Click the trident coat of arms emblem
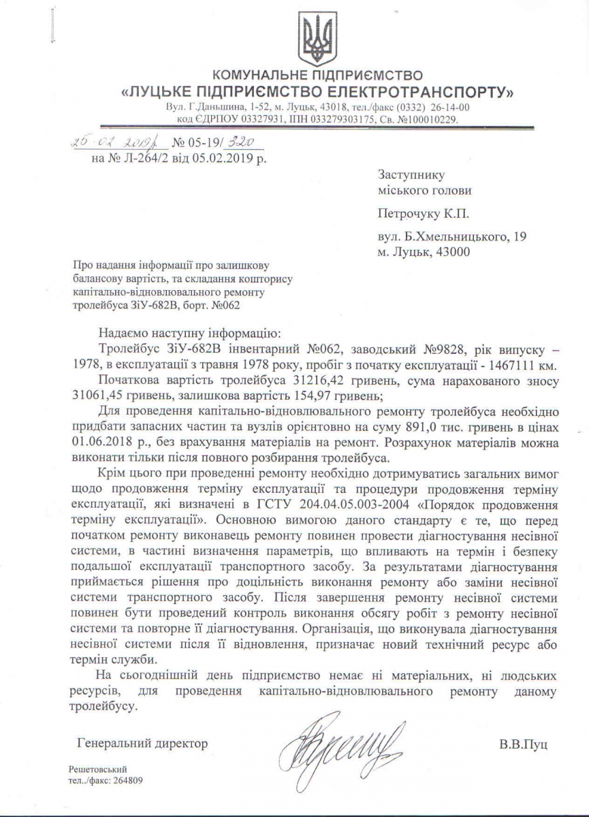317,38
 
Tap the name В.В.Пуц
523,743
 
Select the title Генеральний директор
143,743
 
